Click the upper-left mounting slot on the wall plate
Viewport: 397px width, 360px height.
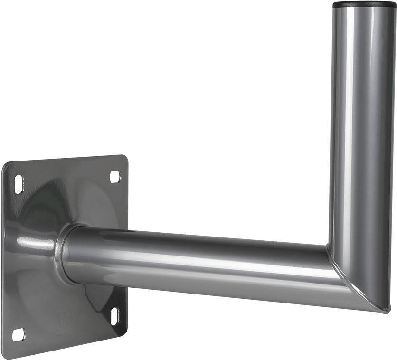click(x=19, y=183)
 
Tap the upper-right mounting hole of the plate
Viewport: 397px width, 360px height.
click(x=115, y=177)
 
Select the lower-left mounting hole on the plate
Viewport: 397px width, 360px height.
click(x=18, y=335)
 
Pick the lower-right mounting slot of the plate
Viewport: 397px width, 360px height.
click(x=114, y=315)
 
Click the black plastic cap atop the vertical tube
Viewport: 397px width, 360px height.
click(x=365, y=5)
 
